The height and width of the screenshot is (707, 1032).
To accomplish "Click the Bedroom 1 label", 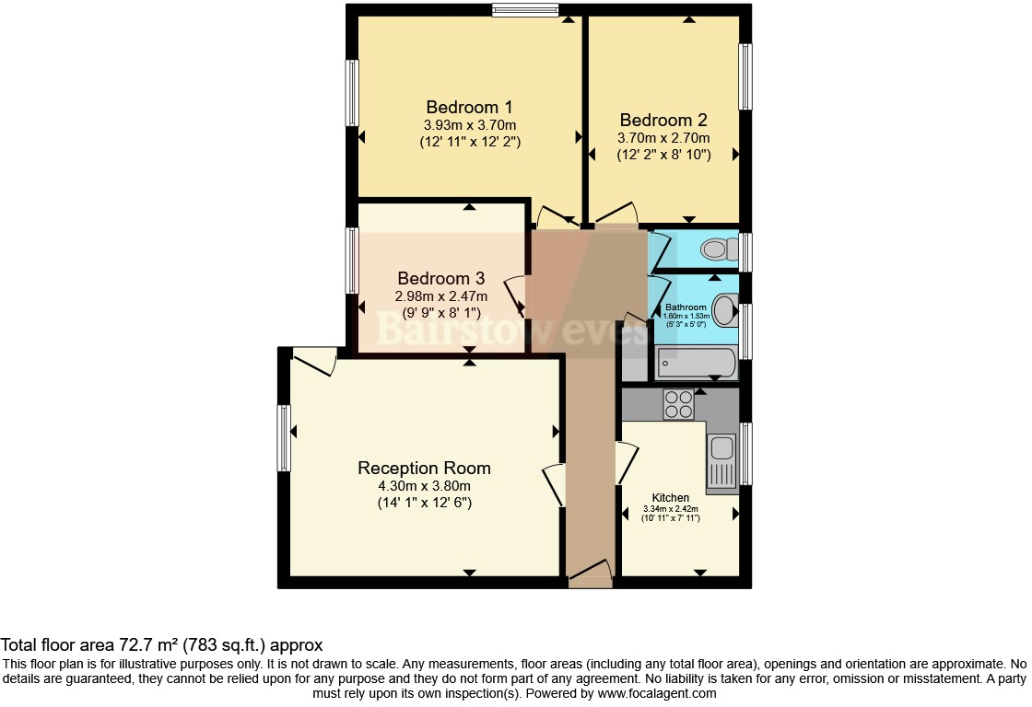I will (x=469, y=106).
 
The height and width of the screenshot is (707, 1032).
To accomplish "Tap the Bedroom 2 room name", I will (x=663, y=120).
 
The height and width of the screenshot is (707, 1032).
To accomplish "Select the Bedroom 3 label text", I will (x=440, y=278).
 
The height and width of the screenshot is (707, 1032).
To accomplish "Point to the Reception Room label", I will (x=424, y=468).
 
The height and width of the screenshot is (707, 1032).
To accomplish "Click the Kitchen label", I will (x=671, y=497).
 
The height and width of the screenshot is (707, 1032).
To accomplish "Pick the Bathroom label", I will (x=686, y=307).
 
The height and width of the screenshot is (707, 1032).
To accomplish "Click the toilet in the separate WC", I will (x=718, y=249).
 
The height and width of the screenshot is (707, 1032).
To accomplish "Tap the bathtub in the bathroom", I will (x=696, y=364).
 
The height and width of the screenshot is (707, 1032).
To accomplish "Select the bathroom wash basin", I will (x=725, y=310).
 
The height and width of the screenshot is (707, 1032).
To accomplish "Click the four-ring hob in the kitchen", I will (x=678, y=404).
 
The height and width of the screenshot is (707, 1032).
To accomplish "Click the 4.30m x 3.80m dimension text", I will (x=424, y=486).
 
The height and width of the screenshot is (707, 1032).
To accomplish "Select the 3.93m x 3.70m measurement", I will (x=469, y=125).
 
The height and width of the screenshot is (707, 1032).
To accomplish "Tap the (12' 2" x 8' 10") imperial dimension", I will (x=663, y=156).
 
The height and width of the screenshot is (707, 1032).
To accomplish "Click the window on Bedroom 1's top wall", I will (x=525, y=11).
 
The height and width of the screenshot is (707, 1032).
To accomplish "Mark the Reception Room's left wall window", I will (x=285, y=438).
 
